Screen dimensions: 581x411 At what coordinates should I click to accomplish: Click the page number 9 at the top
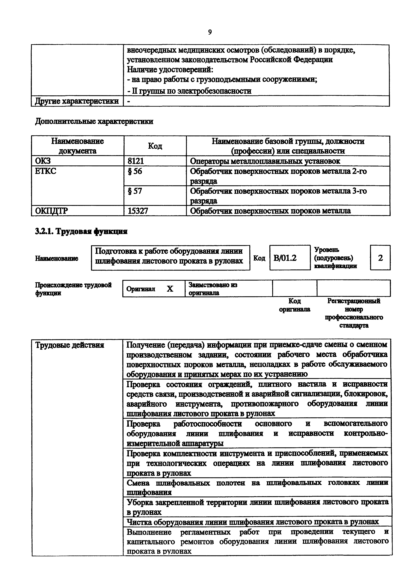(x=210, y=32)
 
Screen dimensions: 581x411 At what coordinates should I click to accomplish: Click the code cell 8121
(x=136, y=161)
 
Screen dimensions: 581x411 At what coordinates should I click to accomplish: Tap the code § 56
(x=135, y=171)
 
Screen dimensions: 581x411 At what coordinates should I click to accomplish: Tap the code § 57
(x=135, y=191)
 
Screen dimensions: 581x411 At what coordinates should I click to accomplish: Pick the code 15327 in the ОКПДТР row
(x=138, y=211)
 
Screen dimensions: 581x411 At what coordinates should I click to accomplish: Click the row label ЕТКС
(x=46, y=171)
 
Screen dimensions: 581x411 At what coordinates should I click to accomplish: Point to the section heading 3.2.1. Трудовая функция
(x=81, y=231)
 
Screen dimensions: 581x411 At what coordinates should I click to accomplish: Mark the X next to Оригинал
(x=170, y=289)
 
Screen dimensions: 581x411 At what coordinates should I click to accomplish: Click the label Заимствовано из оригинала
(x=213, y=289)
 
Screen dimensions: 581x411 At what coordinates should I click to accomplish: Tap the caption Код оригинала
(x=294, y=305)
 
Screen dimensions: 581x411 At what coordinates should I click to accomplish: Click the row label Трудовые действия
(x=69, y=345)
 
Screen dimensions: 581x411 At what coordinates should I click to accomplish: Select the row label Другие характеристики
(x=77, y=101)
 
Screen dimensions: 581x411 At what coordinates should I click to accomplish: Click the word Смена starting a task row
(x=138, y=483)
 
